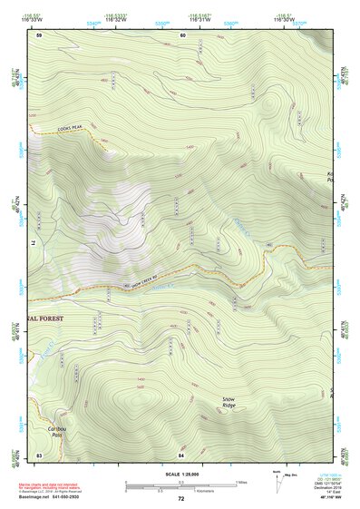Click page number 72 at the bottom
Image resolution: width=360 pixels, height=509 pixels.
click(180, 499)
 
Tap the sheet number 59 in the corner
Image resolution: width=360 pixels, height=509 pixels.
click(40, 35)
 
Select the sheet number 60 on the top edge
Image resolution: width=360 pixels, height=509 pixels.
click(182, 35)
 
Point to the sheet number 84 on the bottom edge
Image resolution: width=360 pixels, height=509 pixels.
click(181, 453)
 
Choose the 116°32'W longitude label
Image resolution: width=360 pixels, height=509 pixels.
click(115, 21)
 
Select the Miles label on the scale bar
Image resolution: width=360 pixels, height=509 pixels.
click(241, 482)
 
